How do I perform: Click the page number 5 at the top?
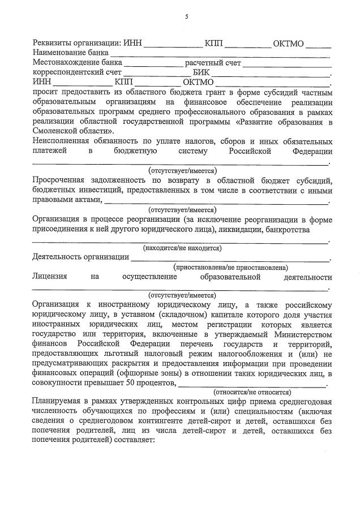186,17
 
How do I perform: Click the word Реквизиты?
53,44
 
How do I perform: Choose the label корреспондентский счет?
76,72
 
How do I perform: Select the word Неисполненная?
61,140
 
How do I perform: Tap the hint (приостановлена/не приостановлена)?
230,267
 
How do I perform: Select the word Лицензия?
50,277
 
